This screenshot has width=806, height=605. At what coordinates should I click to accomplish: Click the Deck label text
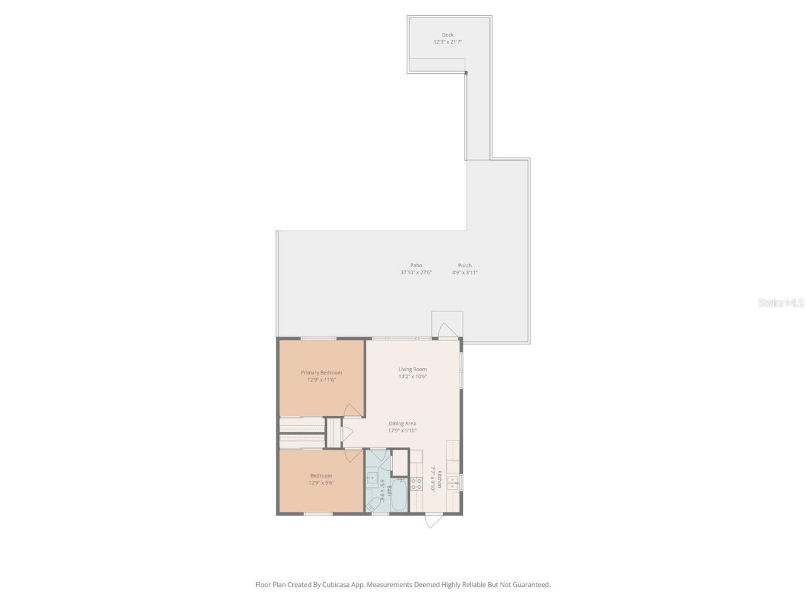(x=447, y=35)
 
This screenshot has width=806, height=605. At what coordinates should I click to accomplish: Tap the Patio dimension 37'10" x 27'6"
(x=416, y=273)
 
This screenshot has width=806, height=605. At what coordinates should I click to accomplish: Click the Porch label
(x=465, y=265)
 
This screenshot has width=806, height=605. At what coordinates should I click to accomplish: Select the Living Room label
(x=412, y=369)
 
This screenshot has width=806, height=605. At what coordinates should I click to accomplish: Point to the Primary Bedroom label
(x=321, y=372)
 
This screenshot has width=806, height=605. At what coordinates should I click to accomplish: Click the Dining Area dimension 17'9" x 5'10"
(x=402, y=431)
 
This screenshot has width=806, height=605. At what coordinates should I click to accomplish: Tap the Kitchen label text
(x=440, y=480)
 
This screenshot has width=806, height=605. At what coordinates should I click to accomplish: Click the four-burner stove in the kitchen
(x=416, y=484)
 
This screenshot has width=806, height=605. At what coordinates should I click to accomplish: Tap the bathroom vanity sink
(x=372, y=477)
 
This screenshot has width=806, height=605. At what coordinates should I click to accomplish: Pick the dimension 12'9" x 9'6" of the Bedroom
(x=321, y=483)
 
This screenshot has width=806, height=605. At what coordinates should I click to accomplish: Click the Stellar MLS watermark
(x=781, y=303)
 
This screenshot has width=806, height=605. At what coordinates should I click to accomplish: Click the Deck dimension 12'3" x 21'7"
(x=447, y=42)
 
